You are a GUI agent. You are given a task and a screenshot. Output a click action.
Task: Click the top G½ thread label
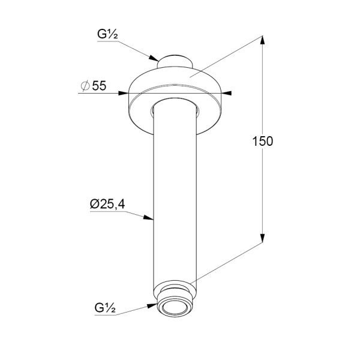[107, 34]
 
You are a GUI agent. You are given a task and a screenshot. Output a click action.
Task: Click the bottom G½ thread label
[105, 308]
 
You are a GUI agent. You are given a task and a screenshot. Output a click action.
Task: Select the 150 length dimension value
[263, 141]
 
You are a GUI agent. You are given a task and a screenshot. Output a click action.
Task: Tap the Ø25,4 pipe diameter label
[107, 204]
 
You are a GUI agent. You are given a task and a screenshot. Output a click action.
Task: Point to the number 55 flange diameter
[99, 86]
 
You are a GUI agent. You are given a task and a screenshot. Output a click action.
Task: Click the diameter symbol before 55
[85, 86]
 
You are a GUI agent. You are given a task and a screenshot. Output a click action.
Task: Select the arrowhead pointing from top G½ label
[154, 58]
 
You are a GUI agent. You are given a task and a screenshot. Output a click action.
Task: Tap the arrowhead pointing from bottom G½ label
[152, 305]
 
